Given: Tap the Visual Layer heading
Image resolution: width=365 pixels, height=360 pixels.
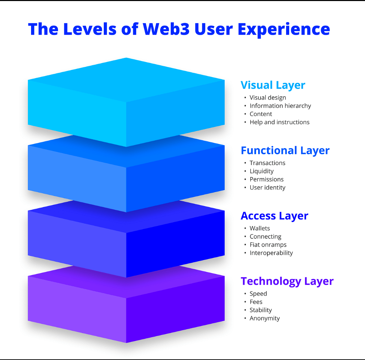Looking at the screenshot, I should [273, 85].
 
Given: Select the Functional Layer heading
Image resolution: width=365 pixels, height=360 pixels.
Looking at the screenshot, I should [285, 150].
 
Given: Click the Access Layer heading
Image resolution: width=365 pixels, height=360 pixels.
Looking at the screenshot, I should [274, 216].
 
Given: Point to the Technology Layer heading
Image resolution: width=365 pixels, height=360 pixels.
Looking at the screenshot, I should [287, 281].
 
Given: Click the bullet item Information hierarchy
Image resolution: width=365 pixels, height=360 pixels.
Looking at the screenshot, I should [280, 106].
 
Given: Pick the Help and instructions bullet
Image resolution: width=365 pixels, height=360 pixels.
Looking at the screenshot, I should [279, 122].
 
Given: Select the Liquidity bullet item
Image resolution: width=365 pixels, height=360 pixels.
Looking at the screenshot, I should [262, 171].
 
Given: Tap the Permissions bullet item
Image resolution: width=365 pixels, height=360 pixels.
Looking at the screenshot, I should [266, 179].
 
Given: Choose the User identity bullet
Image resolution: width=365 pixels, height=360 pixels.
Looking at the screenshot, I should [267, 188].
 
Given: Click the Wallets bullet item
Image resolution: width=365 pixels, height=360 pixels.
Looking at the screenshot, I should [259, 228].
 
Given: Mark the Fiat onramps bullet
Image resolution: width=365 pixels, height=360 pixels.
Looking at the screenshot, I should [268, 245].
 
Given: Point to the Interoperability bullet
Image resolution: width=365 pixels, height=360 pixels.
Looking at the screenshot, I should [271, 253].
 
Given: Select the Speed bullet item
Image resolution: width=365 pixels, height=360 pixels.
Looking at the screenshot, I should [258, 294].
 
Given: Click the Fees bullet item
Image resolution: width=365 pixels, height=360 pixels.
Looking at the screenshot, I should [256, 302].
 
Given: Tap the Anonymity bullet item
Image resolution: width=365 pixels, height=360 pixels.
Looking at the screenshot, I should [265, 318].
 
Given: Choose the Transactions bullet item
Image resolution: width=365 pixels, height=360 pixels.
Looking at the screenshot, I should [267, 163].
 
